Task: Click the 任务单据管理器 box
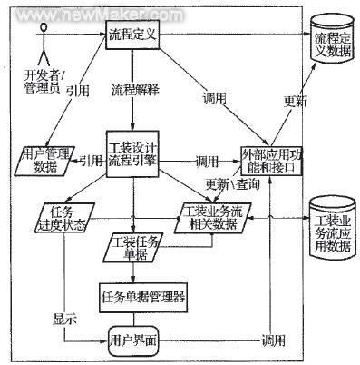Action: coord(142,294)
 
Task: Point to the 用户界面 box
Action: coord(135,338)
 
